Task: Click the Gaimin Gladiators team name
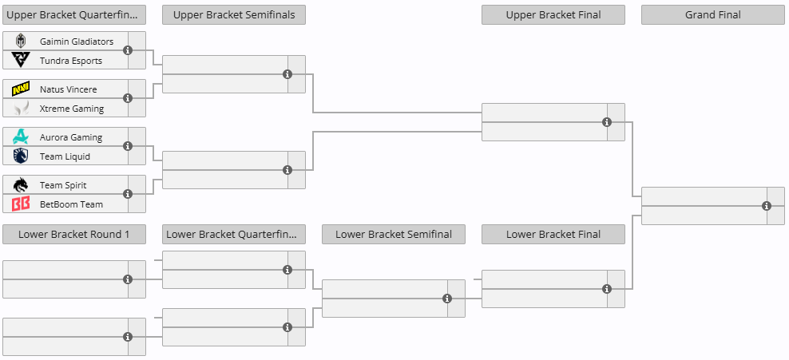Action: point(77,42)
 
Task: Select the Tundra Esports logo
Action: point(21,60)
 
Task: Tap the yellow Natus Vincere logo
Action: point(21,89)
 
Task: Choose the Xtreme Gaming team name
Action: point(71,109)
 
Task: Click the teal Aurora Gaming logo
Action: point(21,136)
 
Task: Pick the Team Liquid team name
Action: point(65,156)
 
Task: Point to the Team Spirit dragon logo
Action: point(21,185)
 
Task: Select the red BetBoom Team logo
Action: point(21,204)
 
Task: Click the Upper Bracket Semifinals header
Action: point(234,15)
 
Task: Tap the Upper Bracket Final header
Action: point(553,15)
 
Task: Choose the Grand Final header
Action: point(712,15)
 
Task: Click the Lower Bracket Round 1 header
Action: point(74,235)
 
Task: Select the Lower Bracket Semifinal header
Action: point(394,235)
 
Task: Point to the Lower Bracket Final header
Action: point(553,235)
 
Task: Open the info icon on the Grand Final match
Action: point(767,206)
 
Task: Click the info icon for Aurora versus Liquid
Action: point(128,146)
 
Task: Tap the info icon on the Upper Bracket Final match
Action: point(607,122)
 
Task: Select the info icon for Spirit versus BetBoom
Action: point(128,194)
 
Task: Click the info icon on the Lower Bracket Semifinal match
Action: point(447,299)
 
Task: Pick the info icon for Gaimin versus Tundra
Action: point(128,50)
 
